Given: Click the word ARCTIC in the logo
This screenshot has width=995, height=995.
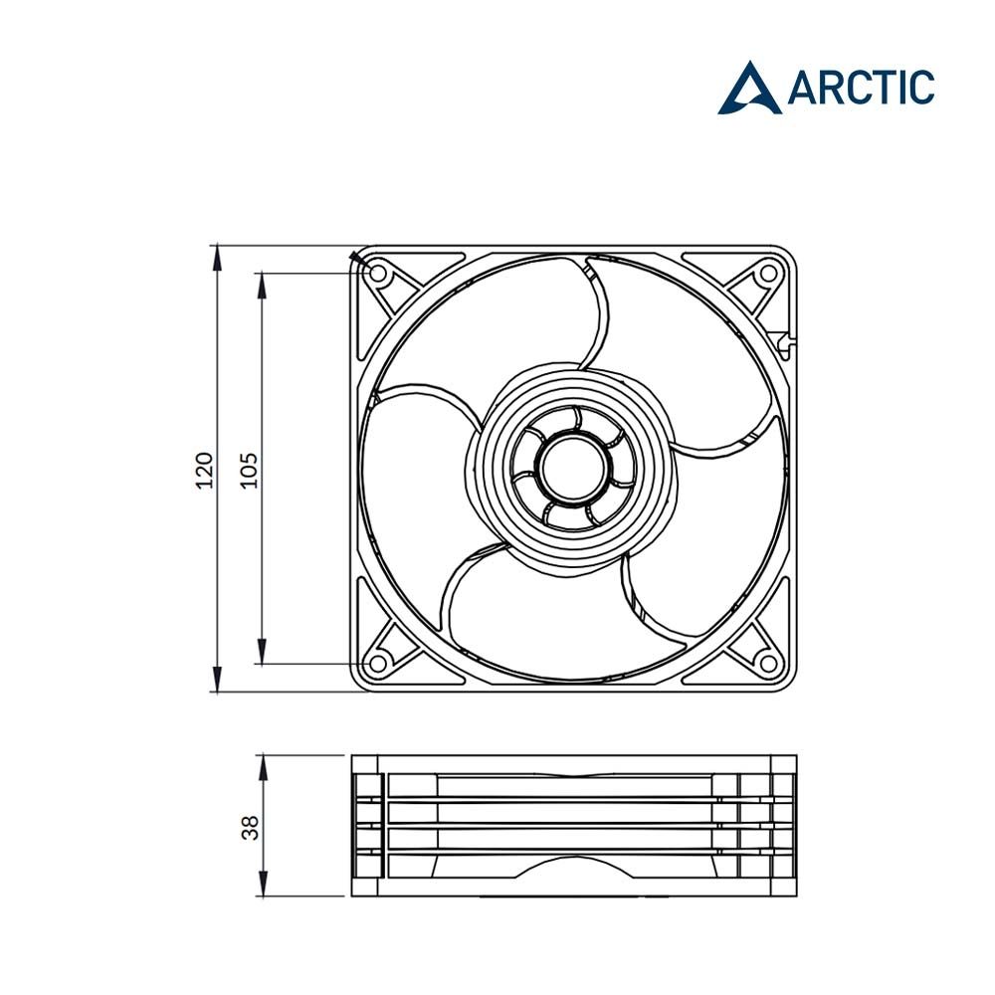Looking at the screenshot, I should coord(862,88).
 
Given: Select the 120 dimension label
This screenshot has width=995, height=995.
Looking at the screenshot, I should coord(204,469).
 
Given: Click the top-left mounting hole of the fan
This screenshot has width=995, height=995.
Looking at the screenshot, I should coord(378,272).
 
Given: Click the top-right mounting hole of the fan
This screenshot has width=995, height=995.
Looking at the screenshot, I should coord(769,272).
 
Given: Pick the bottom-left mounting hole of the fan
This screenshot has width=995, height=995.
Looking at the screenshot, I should coord(378,663).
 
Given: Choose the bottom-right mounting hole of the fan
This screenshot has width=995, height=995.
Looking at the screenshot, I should coord(769,663).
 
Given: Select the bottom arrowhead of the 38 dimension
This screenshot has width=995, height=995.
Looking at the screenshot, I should coord(262,885).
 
